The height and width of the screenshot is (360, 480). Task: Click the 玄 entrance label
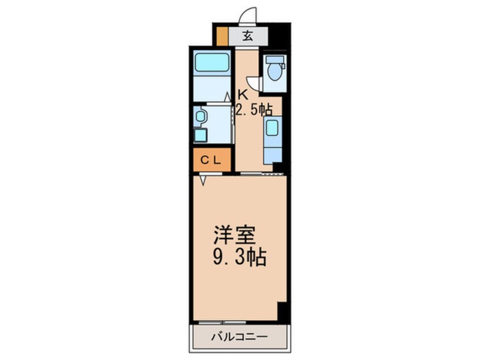point(248,37)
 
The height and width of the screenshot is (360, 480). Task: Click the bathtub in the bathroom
point(211,64)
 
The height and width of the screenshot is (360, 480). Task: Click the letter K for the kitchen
point(242,95)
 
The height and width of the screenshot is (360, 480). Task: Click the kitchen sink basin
point(272,128)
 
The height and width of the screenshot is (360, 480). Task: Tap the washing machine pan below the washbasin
point(200,135)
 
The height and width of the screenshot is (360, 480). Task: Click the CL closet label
point(211,160)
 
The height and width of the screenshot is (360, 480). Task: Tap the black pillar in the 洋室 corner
point(282,312)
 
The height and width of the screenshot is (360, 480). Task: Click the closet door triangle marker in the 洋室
point(204,180)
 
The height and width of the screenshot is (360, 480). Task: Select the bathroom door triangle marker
point(227,98)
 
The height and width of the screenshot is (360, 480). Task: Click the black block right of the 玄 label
point(279,35)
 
